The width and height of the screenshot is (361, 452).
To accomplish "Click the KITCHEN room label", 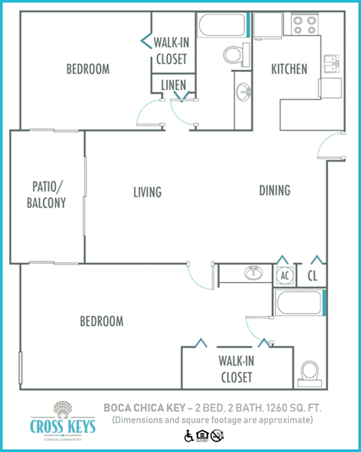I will [290, 69].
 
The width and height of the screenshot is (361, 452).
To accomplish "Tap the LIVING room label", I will [147, 192].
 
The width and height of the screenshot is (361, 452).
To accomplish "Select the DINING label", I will [275, 190].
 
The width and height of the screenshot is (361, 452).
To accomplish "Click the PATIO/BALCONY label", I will [47, 194].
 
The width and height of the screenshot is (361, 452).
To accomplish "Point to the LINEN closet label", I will [174, 85].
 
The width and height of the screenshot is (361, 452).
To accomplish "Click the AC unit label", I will [284, 275].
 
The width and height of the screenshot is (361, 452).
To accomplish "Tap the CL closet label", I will [312, 275].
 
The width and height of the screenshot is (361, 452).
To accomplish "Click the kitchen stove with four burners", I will [305, 26].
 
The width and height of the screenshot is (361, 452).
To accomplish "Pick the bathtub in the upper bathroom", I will [223, 26].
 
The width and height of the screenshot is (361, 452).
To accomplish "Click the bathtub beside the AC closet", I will [300, 304].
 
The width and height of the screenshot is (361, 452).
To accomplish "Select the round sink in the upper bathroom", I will [244, 93].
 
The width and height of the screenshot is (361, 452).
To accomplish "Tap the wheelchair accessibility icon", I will [188, 435].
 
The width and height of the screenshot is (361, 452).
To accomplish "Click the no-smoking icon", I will [217, 435].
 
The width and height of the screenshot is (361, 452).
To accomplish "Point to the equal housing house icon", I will [202, 435].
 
